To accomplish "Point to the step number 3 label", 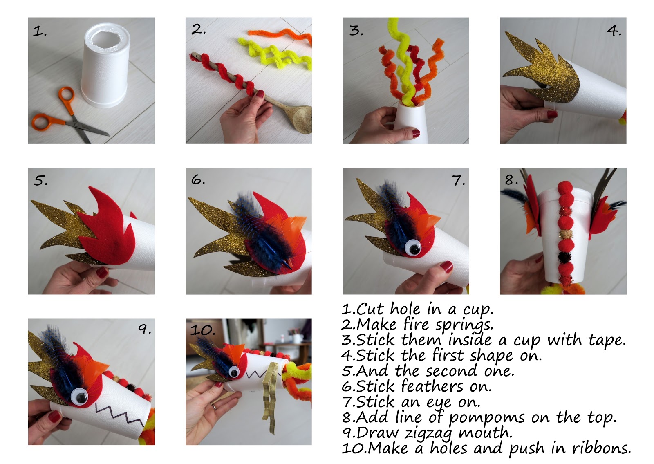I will pyautogui.click(x=356, y=30).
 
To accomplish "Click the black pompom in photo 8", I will pyautogui.click(x=566, y=257).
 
